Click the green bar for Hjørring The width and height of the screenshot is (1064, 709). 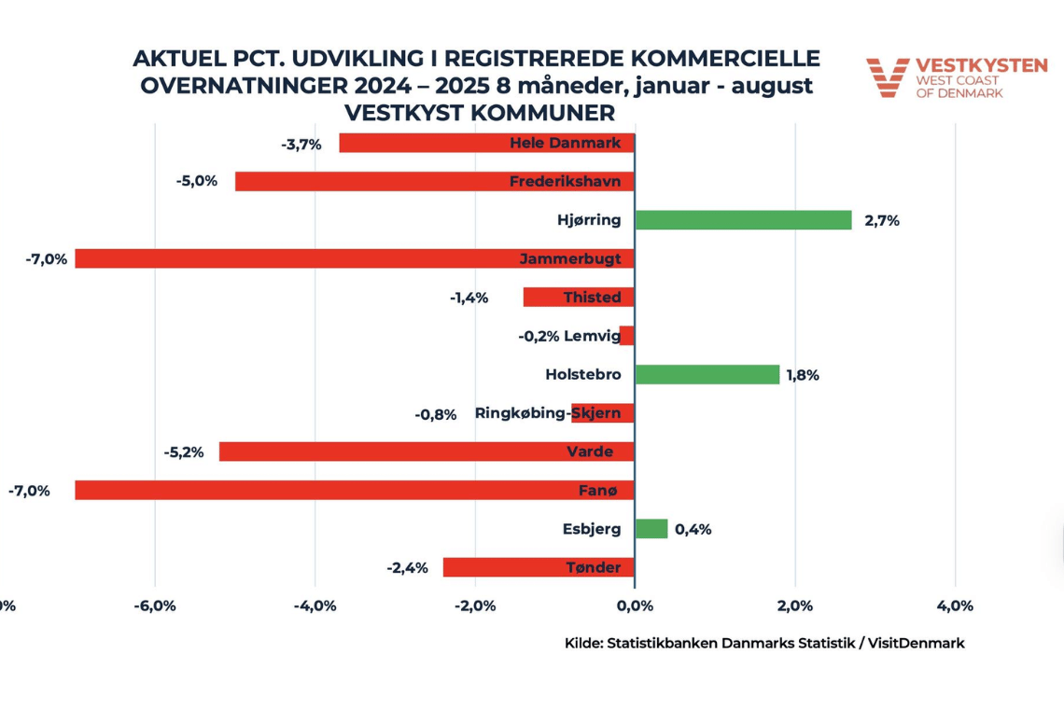[743, 220]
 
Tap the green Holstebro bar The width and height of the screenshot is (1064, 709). [707, 374]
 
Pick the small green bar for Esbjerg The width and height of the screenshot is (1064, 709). [651, 529]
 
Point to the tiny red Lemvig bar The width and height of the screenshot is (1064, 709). [627, 336]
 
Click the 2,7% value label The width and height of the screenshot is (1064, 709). [882, 221]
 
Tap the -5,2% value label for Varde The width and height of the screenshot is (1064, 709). [183, 452]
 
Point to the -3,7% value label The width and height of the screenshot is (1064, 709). [301, 144]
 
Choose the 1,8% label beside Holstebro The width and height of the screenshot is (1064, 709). [802, 375]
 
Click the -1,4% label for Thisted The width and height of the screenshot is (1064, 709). [469, 298]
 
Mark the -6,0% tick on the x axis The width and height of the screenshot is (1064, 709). [155, 606]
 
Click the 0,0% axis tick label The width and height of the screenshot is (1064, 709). [635, 606]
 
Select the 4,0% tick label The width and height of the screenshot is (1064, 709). [954, 606]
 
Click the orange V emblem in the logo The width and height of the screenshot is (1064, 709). [887, 77]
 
